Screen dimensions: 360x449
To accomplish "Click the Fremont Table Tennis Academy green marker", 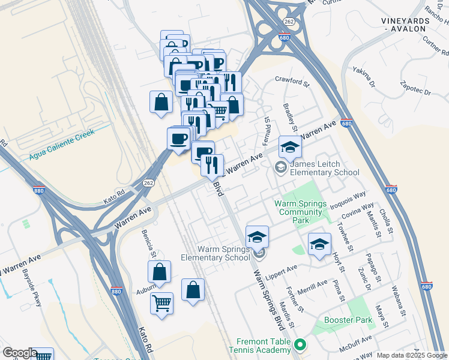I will click(301, 344).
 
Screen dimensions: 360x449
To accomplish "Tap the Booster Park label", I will click(348, 320).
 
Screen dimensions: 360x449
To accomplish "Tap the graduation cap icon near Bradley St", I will click(290, 146).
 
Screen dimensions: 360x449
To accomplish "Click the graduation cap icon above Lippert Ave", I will click(319, 243).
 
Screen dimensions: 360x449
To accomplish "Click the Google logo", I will click(20, 353).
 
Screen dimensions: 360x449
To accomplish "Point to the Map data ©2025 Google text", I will click(411, 355).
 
